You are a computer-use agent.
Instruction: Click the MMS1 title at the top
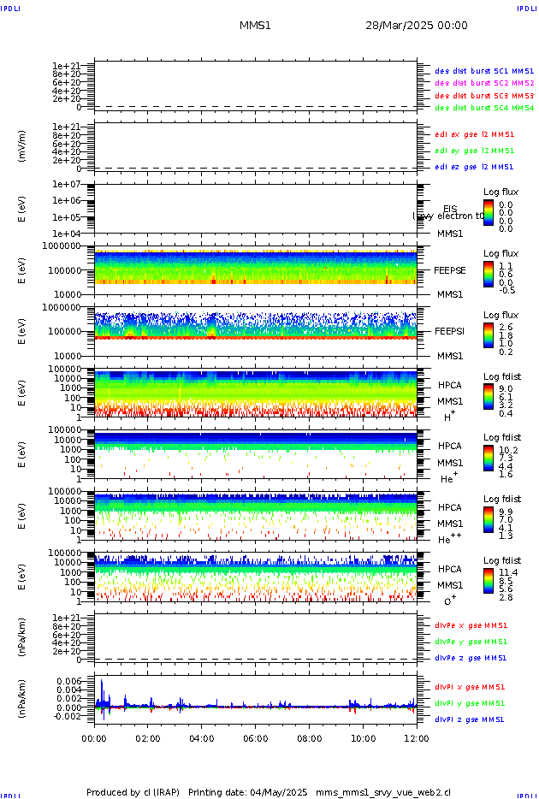[x=255, y=26]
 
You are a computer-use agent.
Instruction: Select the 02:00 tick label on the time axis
[x=148, y=737]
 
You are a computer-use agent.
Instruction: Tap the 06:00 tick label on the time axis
[x=256, y=737]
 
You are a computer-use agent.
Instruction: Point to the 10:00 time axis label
[x=364, y=737]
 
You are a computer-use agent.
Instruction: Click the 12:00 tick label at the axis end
[x=417, y=737]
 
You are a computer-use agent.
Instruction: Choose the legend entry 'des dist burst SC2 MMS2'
[x=484, y=83]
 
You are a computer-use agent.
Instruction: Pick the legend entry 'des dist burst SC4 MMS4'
[x=484, y=108]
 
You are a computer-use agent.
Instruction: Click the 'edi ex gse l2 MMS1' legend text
[x=475, y=134]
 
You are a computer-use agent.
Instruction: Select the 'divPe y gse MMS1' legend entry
[x=471, y=642]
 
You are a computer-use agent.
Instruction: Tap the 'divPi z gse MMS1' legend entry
[x=470, y=719]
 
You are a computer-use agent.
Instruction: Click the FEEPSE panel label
[x=448, y=270]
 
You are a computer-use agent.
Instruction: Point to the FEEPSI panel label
[x=448, y=331]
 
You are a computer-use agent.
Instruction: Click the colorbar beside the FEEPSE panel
[x=488, y=273]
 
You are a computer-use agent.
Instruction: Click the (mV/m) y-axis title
[x=21, y=146]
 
